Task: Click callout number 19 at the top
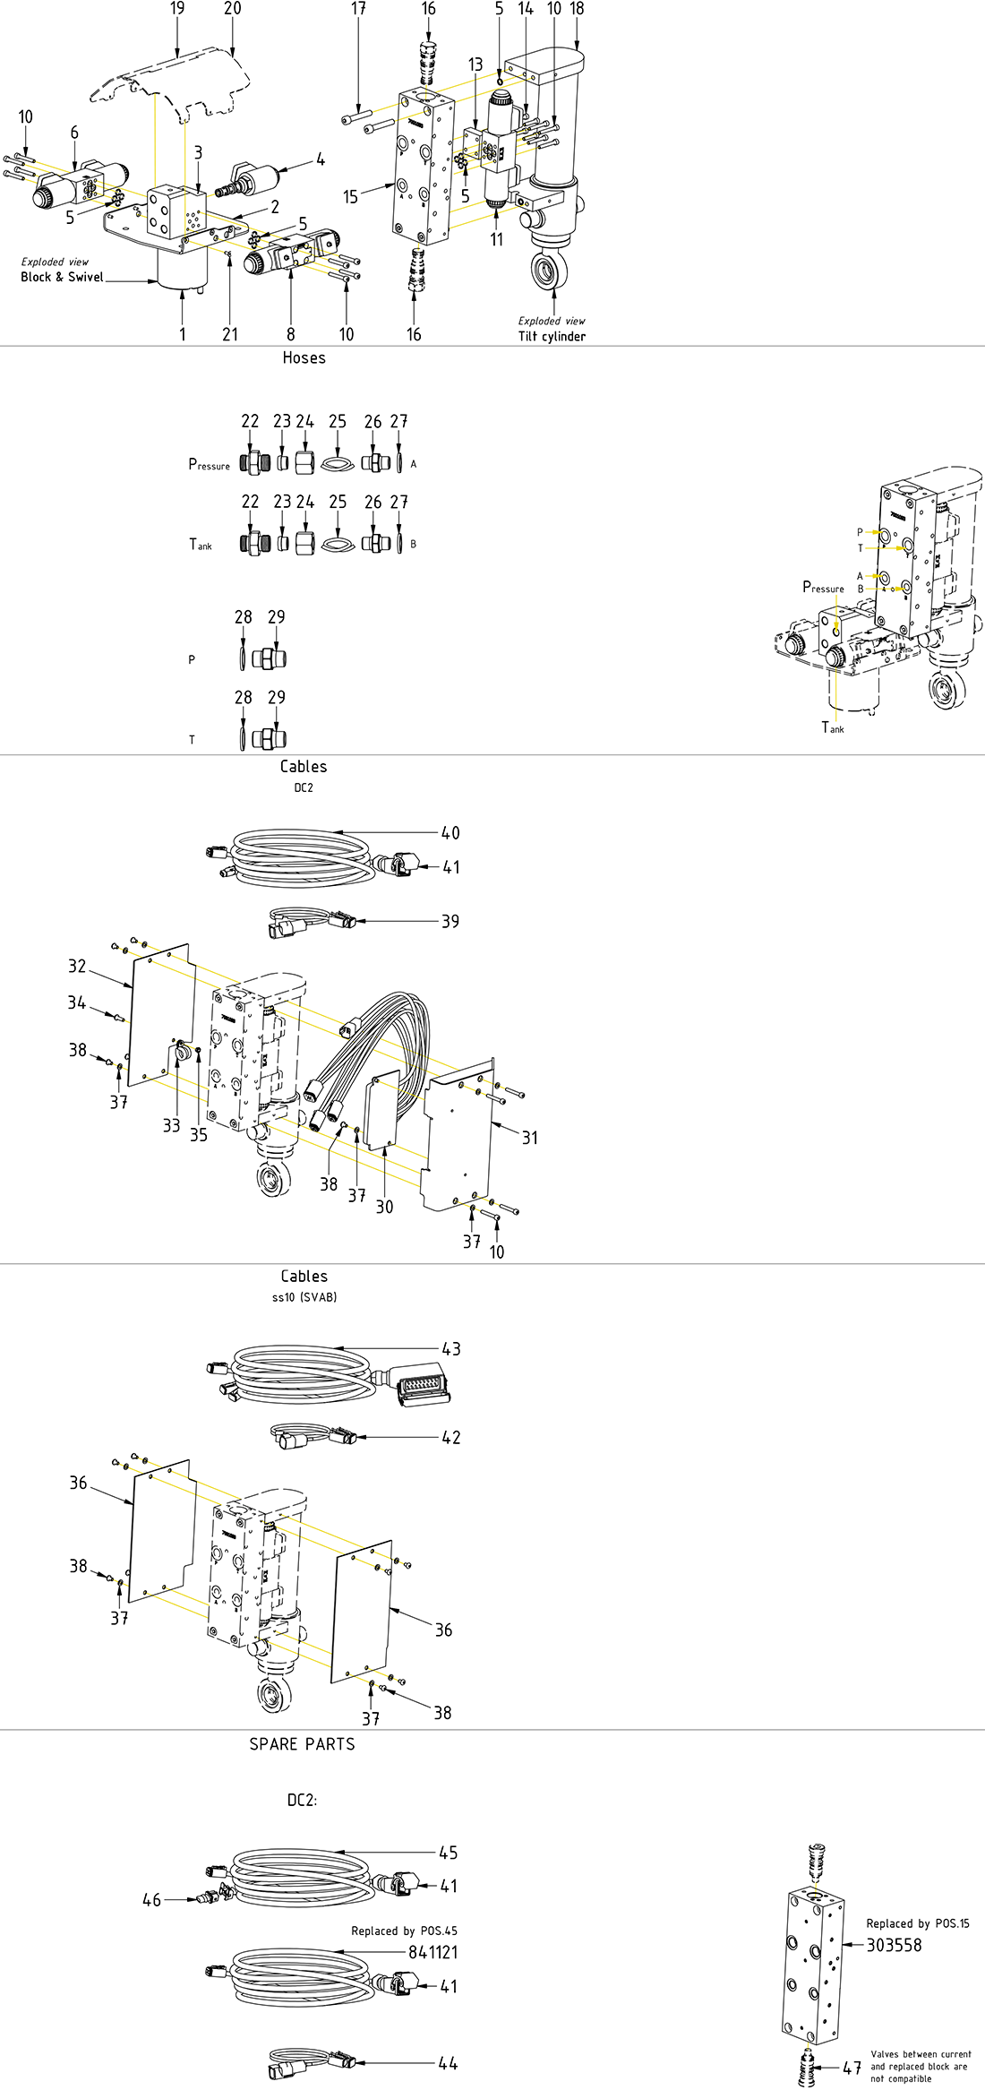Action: point(177,9)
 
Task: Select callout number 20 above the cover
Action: point(232,9)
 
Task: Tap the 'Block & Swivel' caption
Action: point(62,277)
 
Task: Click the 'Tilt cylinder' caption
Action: point(552,336)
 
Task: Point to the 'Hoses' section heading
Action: point(304,357)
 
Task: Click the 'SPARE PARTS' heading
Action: point(302,1743)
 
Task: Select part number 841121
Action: point(433,1952)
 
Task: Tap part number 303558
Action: point(894,1945)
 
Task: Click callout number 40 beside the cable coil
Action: point(450,833)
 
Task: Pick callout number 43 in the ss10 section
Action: point(451,1349)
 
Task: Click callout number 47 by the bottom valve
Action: point(852,2068)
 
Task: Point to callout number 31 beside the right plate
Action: point(530,1138)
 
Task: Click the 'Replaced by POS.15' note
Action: point(918,1923)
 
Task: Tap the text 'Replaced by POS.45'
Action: point(404,1931)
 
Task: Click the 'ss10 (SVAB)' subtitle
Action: point(304,1297)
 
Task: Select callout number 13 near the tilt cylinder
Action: point(475,65)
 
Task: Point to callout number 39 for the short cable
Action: point(450,922)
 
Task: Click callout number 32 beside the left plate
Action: point(78,966)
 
